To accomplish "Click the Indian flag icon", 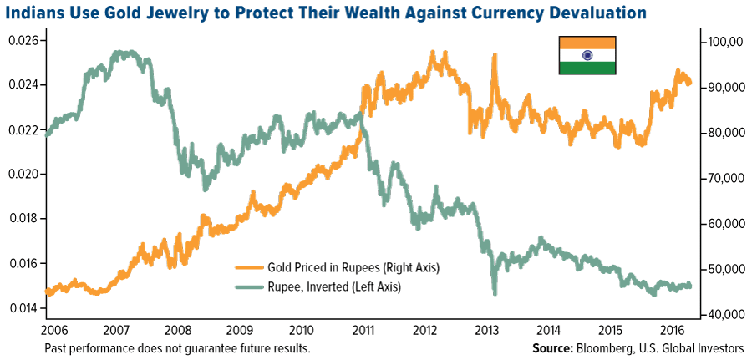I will [x=587, y=54].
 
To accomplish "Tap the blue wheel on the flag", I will [x=587, y=54].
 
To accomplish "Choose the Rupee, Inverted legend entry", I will [x=333, y=286].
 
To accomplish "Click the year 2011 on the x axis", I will [x=363, y=329].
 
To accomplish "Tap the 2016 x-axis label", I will [x=673, y=329].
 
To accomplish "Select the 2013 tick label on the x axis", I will [x=487, y=329].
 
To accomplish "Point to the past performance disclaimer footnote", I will [x=177, y=347].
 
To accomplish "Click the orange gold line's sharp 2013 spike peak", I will [x=495, y=55].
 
